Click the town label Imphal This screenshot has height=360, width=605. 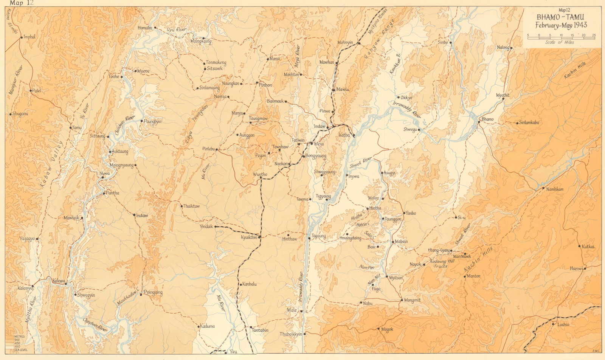tap(29, 37)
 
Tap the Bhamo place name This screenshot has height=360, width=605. tap(487, 119)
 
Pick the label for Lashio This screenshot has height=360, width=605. tap(563, 324)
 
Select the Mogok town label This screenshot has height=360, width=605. tap(387, 329)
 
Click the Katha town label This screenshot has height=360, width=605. tap(344, 135)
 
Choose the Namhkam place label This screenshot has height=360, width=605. tap(555, 189)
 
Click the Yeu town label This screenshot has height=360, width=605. tap(233, 352)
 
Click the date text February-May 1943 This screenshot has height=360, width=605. tap(561, 25)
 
